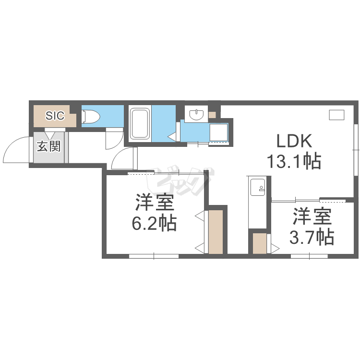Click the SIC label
(x=55, y=116)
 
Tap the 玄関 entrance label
(x=48, y=146)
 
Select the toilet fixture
(x=91, y=116)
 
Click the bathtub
(x=139, y=123)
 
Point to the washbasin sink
(x=196, y=114)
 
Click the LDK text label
(x=294, y=141)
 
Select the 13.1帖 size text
(x=294, y=161)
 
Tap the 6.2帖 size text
(x=154, y=222)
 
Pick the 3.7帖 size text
(x=312, y=236)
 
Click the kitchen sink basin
(x=258, y=187)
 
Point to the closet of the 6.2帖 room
(x=216, y=232)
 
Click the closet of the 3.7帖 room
(x=260, y=243)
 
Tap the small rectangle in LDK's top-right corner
(x=336, y=115)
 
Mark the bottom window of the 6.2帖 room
(x=154, y=256)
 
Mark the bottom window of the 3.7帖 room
(x=309, y=256)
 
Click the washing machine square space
(x=218, y=132)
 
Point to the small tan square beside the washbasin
(x=212, y=115)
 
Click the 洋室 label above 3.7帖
(x=312, y=216)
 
